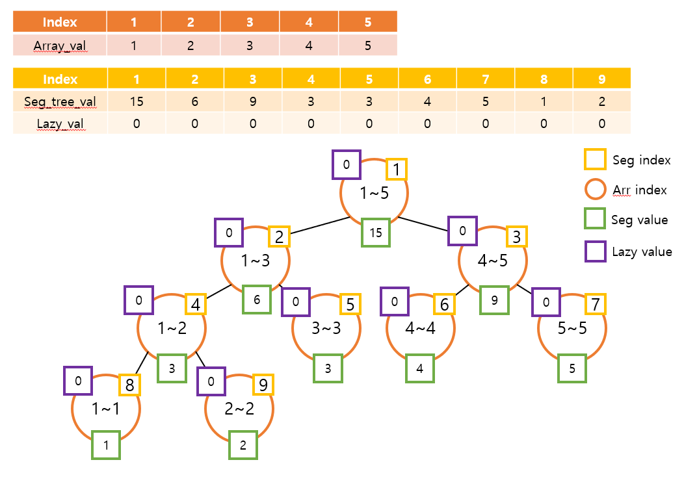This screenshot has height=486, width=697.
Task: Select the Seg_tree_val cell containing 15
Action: click(137, 102)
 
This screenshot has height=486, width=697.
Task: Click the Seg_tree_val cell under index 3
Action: click(252, 102)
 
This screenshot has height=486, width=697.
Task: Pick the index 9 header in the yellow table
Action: click(601, 79)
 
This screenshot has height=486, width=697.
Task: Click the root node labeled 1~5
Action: click(375, 193)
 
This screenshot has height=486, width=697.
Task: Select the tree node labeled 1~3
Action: click(255, 261)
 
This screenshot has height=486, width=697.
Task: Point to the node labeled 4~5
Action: click(493, 261)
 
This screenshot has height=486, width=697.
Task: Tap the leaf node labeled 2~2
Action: click(239, 409)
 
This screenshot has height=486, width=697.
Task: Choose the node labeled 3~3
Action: click(326, 328)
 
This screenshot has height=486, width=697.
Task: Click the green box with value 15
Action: click(376, 233)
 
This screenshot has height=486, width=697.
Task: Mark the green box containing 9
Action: click(494, 301)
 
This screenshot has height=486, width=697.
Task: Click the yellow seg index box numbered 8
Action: click(129, 385)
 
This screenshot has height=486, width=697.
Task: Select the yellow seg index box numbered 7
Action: click(596, 303)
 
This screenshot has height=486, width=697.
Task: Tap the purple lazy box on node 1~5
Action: click(347, 165)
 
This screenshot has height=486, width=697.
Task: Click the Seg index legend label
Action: click(641, 160)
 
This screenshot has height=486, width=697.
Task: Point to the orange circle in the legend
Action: click(595, 190)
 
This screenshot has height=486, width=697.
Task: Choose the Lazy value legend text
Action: click(642, 251)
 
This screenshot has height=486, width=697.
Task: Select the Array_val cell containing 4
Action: click(309, 45)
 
